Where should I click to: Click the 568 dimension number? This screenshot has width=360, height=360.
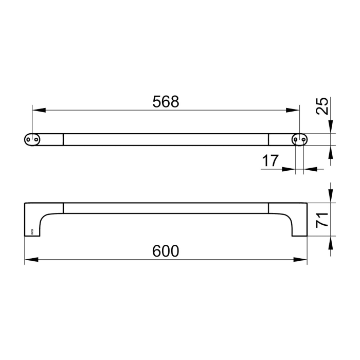[166, 102]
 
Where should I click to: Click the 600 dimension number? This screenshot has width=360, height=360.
[166, 251]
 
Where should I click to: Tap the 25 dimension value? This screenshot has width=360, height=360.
[321, 106]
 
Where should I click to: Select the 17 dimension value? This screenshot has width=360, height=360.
[270, 161]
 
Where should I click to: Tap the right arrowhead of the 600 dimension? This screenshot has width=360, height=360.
[301, 260]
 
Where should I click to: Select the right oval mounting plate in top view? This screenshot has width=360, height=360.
[300, 139]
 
